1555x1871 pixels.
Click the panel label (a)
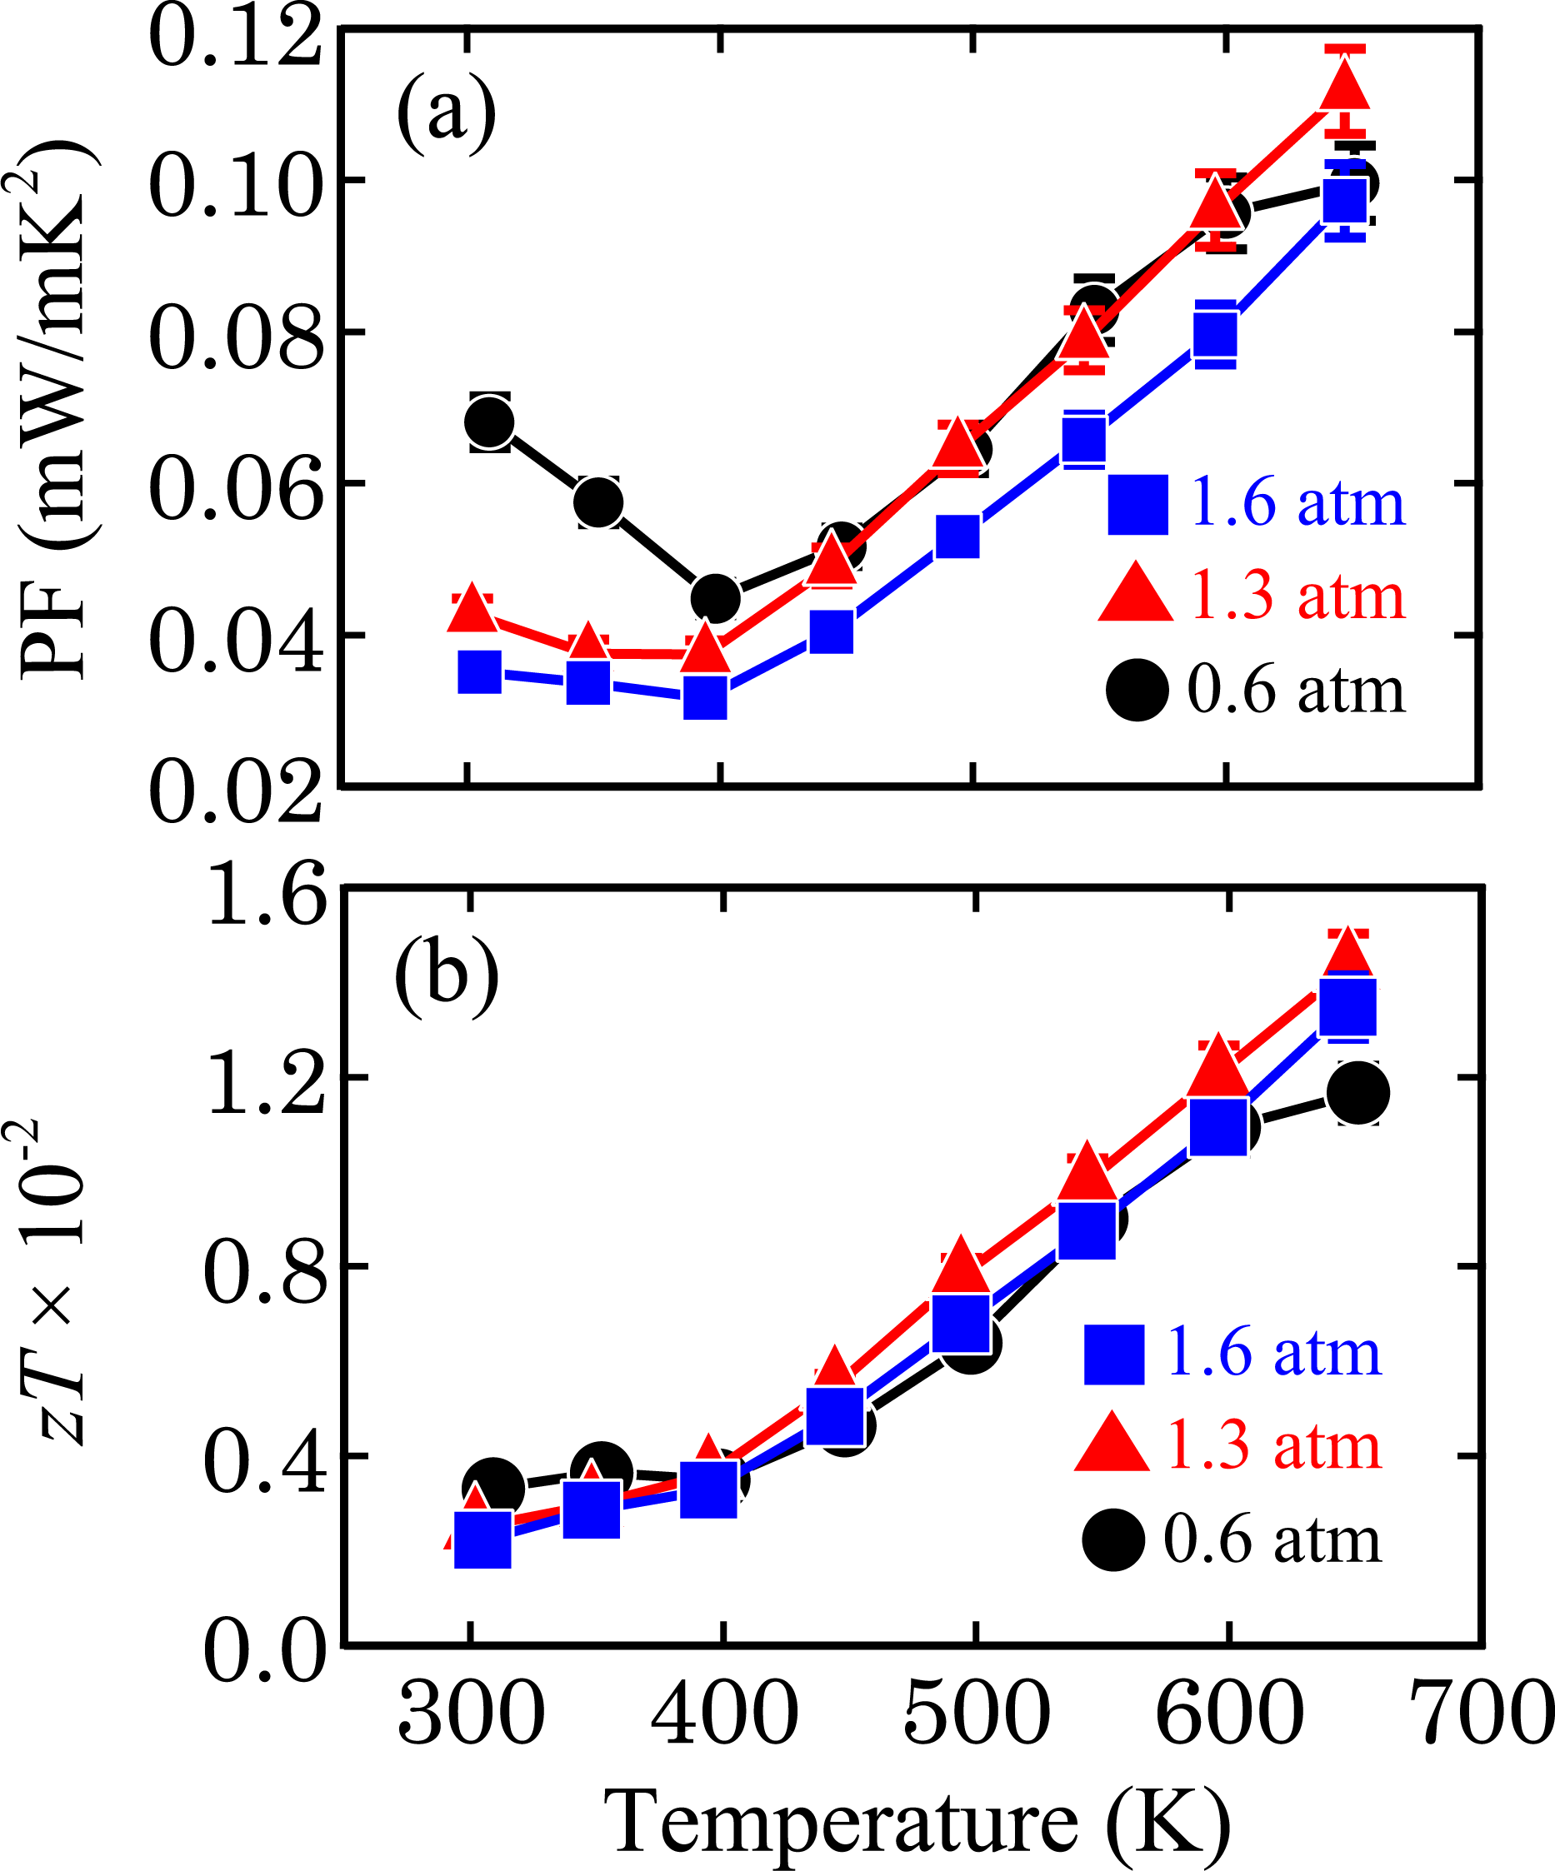point(446,114)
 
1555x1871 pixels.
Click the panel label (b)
point(446,977)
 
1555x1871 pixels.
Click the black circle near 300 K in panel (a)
point(489,422)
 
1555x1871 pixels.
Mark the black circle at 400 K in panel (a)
point(716,597)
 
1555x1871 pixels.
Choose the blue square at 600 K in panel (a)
point(1216,335)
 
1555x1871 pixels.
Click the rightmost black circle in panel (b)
point(1357,1093)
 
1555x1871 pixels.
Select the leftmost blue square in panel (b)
point(482,1539)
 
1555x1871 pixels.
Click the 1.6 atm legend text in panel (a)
point(1297,503)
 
